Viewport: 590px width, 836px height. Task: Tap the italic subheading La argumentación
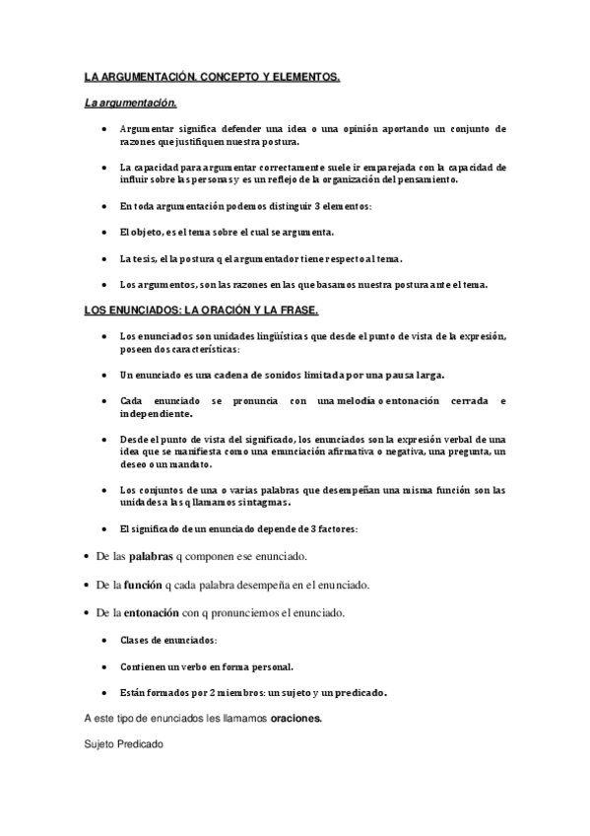pyautogui.click(x=130, y=102)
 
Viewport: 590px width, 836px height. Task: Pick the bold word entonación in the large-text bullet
pyautogui.click(x=152, y=612)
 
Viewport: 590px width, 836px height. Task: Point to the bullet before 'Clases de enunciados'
pyautogui.click(x=106, y=641)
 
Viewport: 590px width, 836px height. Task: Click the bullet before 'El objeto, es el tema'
pyautogui.click(x=106, y=233)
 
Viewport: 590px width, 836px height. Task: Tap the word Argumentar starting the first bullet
pyautogui.click(x=149, y=129)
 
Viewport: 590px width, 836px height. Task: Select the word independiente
pyautogui.click(x=157, y=415)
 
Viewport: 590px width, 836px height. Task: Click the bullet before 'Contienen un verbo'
pyautogui.click(x=106, y=666)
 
